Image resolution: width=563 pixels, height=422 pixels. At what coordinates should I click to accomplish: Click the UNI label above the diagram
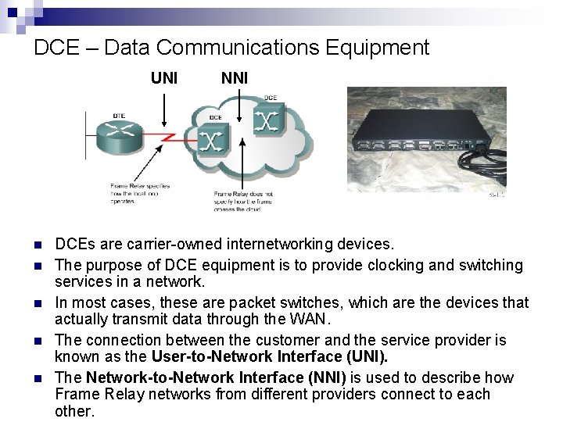pos(165,78)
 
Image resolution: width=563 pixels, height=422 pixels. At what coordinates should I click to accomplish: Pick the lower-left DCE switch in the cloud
pos(211,141)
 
